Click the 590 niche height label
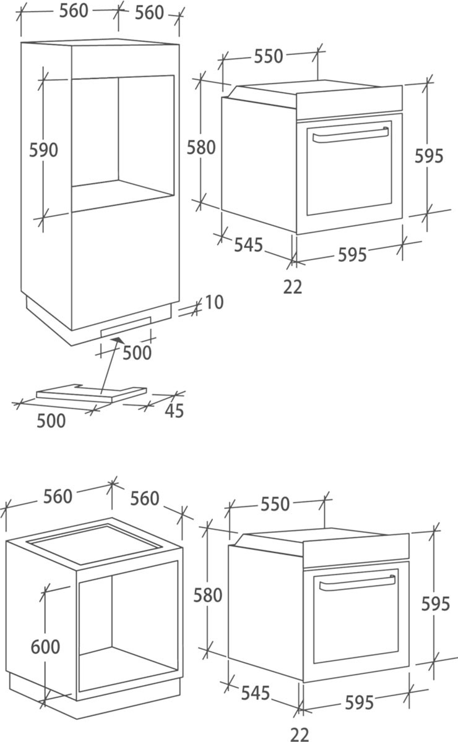point(43,150)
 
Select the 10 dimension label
point(214,302)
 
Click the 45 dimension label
point(174,411)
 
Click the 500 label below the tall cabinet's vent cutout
point(137,352)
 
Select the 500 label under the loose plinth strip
point(51,421)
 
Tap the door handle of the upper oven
point(350,135)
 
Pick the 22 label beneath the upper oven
point(293,287)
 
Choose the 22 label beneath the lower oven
point(300,735)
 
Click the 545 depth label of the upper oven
point(248,245)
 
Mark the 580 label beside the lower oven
point(207,595)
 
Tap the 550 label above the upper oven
point(268,56)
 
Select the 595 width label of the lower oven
point(359,702)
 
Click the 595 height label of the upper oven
point(429,156)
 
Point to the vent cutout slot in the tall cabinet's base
point(126,326)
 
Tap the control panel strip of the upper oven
point(349,103)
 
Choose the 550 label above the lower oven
point(275,504)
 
